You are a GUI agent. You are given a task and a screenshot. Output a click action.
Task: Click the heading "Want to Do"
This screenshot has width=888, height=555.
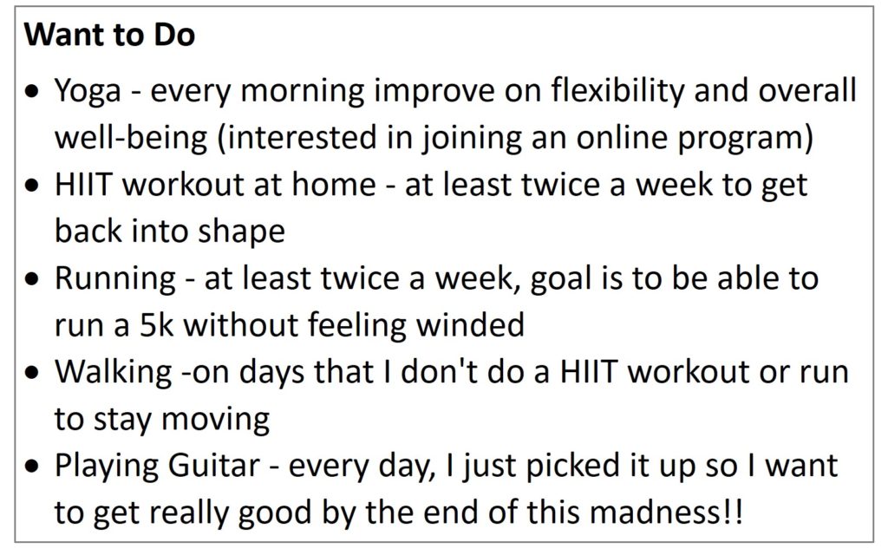[x=110, y=35]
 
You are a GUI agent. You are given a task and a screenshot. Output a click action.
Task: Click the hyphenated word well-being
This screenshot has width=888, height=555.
[x=131, y=138]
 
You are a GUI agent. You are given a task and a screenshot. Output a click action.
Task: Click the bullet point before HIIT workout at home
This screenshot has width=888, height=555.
[x=34, y=186]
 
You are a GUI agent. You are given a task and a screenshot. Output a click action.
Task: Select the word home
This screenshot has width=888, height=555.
[x=334, y=185]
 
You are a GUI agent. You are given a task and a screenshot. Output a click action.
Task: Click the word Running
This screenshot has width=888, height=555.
[x=115, y=279]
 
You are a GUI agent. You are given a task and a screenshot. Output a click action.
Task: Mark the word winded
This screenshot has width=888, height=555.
[x=470, y=325]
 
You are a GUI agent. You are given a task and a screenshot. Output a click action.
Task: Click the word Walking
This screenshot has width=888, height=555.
[x=114, y=373]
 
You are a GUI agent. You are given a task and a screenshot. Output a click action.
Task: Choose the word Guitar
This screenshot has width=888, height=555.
[x=213, y=466]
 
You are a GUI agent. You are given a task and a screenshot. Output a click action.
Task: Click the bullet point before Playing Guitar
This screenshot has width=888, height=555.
[x=34, y=466]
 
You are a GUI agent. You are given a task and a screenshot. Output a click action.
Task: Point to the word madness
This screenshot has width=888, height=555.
[x=654, y=513]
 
